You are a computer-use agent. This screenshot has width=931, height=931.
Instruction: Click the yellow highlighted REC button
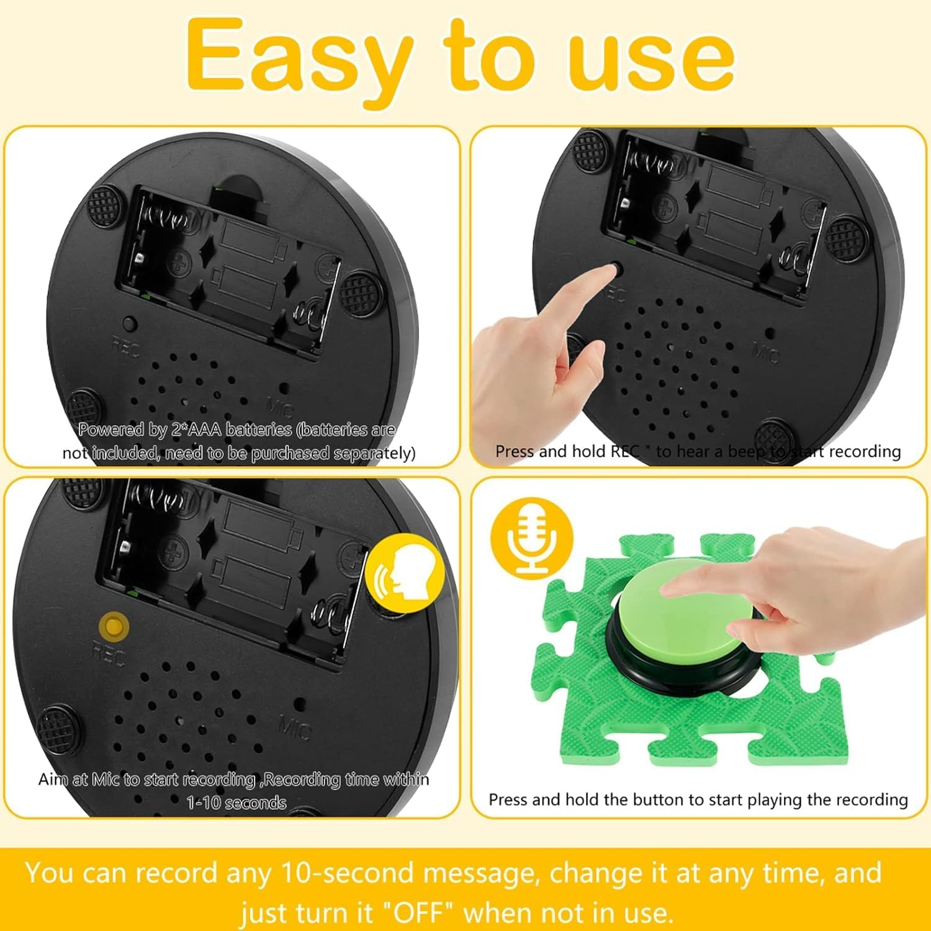click(114, 626)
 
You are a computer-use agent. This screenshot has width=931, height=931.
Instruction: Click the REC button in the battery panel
click(130, 323)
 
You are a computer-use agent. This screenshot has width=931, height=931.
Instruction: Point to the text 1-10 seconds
click(236, 803)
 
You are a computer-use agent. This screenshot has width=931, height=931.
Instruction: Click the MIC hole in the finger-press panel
click(769, 333)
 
